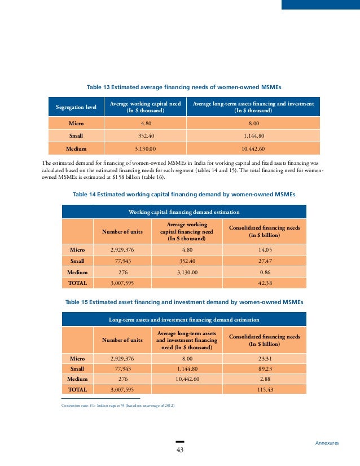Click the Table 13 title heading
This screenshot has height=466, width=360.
[x=183, y=88]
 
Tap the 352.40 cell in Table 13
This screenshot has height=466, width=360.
[x=146, y=135]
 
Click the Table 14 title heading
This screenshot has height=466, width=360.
[x=184, y=194]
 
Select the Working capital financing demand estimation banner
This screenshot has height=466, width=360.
[x=184, y=212]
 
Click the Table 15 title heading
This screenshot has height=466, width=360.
[x=184, y=302]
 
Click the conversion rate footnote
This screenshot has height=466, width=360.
[x=118, y=406]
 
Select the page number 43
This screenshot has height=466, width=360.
[x=180, y=450]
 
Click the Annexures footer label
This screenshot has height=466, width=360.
[x=327, y=443]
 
